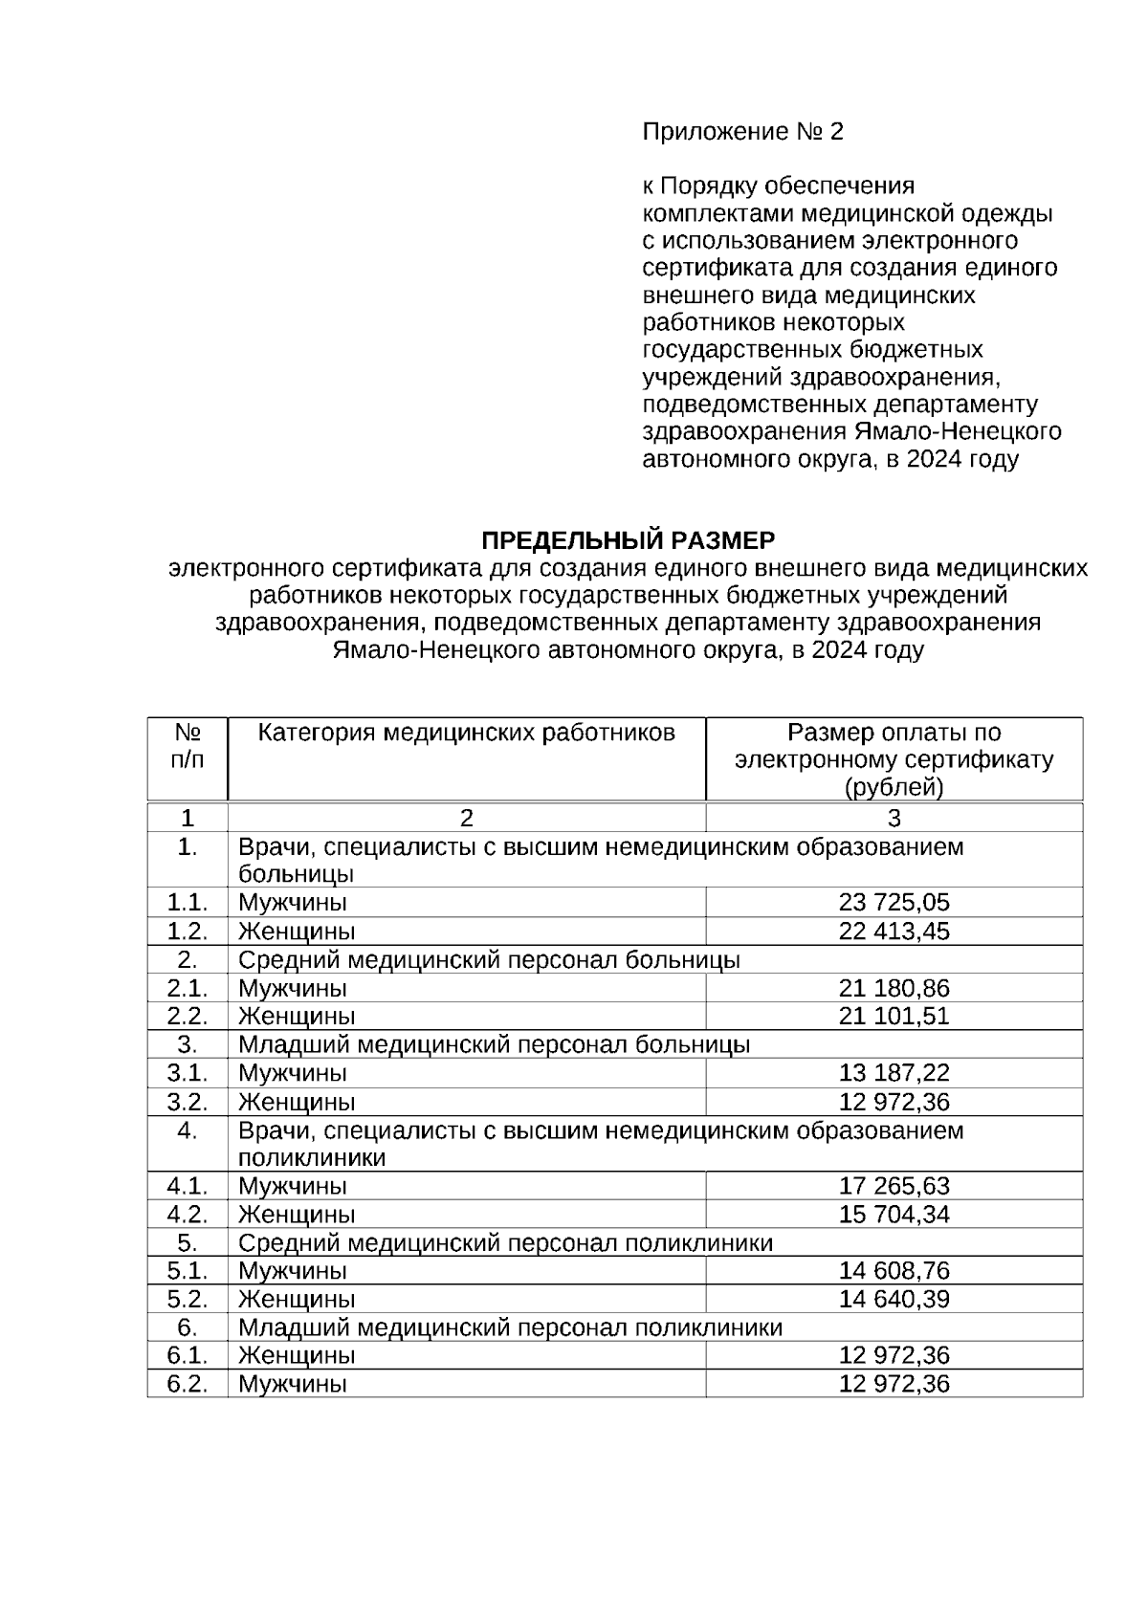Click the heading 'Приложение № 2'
tap(742, 131)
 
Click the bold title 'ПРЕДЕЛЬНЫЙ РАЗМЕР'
tap(628, 540)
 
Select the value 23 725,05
tap(894, 903)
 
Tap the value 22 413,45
tap(894, 932)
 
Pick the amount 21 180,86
tap(894, 988)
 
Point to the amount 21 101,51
tap(894, 1016)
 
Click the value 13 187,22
tap(894, 1073)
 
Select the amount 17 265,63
tap(894, 1186)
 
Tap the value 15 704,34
tap(894, 1215)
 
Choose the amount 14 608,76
tap(894, 1271)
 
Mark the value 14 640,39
tap(894, 1299)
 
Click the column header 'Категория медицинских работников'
tap(467, 734)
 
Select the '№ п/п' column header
tap(188, 746)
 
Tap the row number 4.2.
tap(188, 1215)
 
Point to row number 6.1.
tap(188, 1355)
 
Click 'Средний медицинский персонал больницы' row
tap(489, 959)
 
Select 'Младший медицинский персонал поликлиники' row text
tap(510, 1327)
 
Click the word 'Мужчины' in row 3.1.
tap(293, 1073)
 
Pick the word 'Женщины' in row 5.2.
tap(297, 1299)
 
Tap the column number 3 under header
tap(894, 819)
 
